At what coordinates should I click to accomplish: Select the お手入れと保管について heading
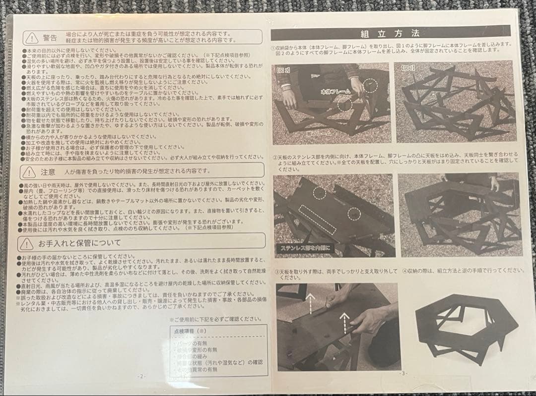(79, 243)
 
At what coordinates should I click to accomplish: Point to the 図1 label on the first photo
(283, 69)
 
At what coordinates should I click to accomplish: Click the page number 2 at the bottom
(141, 376)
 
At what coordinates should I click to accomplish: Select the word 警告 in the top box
(50, 38)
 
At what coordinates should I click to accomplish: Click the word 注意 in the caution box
(48, 172)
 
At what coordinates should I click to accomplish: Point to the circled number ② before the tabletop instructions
(274, 158)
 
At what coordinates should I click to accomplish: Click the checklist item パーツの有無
(192, 341)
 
